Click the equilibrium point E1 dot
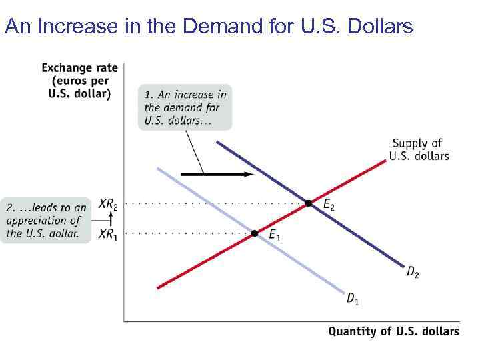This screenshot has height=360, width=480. pos(255,233)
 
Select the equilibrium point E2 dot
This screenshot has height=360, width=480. pos(308,203)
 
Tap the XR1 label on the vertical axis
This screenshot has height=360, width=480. pos(107,234)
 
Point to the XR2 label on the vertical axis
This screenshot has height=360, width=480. pos(108,205)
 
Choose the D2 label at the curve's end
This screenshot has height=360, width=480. pos(413,271)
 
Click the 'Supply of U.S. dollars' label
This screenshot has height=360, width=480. pos(420,150)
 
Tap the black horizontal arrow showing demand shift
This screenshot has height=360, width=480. pos(217,174)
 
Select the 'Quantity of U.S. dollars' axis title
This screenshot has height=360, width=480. pos(393,331)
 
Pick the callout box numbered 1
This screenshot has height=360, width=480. pos(185,107)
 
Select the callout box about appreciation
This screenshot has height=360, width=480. pos(45,221)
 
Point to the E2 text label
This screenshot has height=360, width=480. pos(329,205)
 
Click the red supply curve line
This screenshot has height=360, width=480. pos(200,263)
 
